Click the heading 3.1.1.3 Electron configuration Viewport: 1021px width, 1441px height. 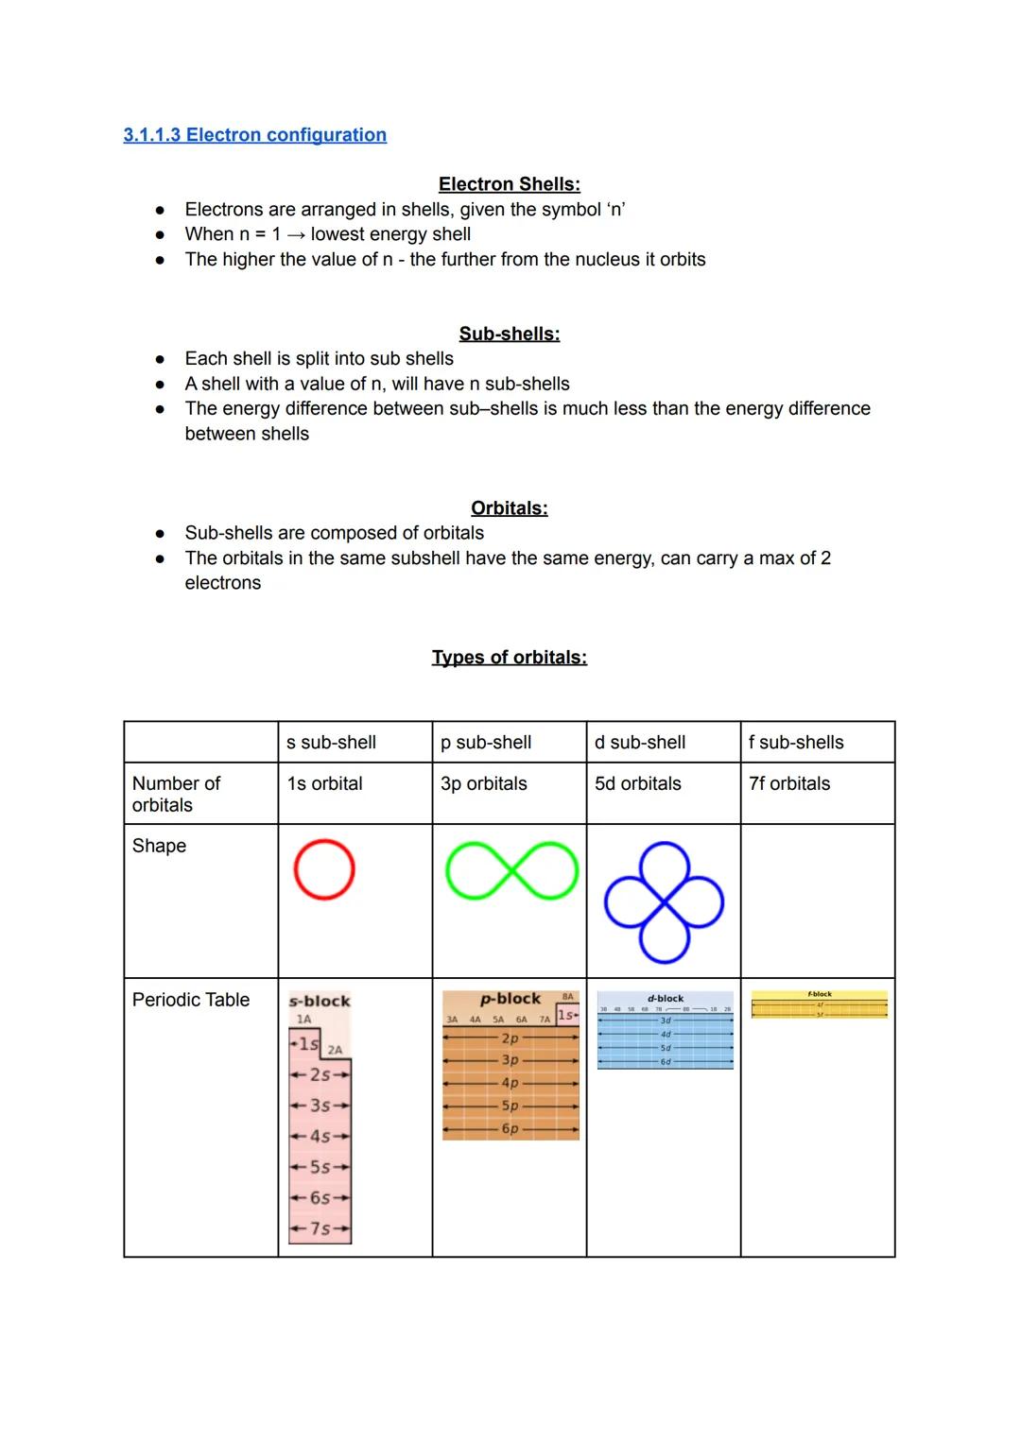coord(254,135)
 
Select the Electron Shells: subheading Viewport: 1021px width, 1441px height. coord(509,184)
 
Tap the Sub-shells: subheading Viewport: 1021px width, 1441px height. coord(509,334)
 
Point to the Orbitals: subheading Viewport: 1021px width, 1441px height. coord(509,508)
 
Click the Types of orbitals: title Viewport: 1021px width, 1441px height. coord(509,658)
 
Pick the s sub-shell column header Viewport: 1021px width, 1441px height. coord(331,743)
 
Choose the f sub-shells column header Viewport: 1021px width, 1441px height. coord(796,743)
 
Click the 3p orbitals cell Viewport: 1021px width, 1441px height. coord(483,783)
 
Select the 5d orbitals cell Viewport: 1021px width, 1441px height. coord(637,783)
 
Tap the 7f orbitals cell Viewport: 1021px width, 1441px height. coord(788,783)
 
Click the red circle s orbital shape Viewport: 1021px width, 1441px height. coord(324,869)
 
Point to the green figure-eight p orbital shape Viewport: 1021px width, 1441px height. coord(511,869)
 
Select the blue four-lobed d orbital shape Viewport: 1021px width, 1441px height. coord(664,902)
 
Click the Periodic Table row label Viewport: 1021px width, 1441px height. coord(191,1000)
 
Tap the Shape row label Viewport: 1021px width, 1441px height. coord(159,846)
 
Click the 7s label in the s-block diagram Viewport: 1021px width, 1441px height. coord(320,1228)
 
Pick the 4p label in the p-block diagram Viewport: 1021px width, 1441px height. coord(510,1083)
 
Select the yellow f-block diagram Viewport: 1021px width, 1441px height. coord(819,1004)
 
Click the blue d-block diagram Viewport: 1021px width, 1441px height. coord(665,1031)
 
